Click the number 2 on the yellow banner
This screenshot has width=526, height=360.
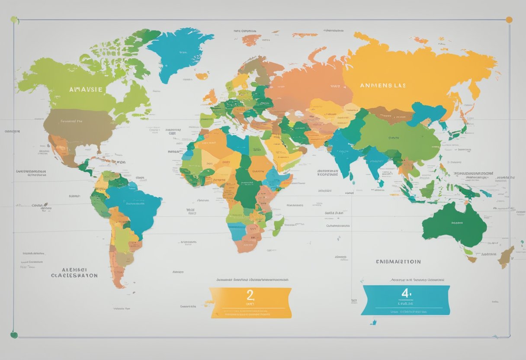(250, 296)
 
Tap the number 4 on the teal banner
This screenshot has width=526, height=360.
(405, 293)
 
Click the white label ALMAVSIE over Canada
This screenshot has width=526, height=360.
(86, 89)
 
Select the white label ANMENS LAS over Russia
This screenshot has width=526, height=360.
(383, 85)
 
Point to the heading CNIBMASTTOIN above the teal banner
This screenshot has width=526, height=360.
(398, 262)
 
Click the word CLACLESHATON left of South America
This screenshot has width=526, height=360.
(74, 275)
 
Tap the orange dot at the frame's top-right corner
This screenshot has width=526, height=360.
(509, 19)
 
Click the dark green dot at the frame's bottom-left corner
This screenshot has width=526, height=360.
(14, 334)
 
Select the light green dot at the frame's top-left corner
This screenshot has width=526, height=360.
(14, 19)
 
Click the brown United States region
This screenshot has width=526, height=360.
(80, 125)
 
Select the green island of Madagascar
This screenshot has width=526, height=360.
(278, 226)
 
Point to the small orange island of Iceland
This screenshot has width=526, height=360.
(202, 76)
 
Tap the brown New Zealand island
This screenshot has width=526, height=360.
(505, 256)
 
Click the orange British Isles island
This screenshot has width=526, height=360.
(210, 96)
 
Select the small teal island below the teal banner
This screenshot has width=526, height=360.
(373, 322)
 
